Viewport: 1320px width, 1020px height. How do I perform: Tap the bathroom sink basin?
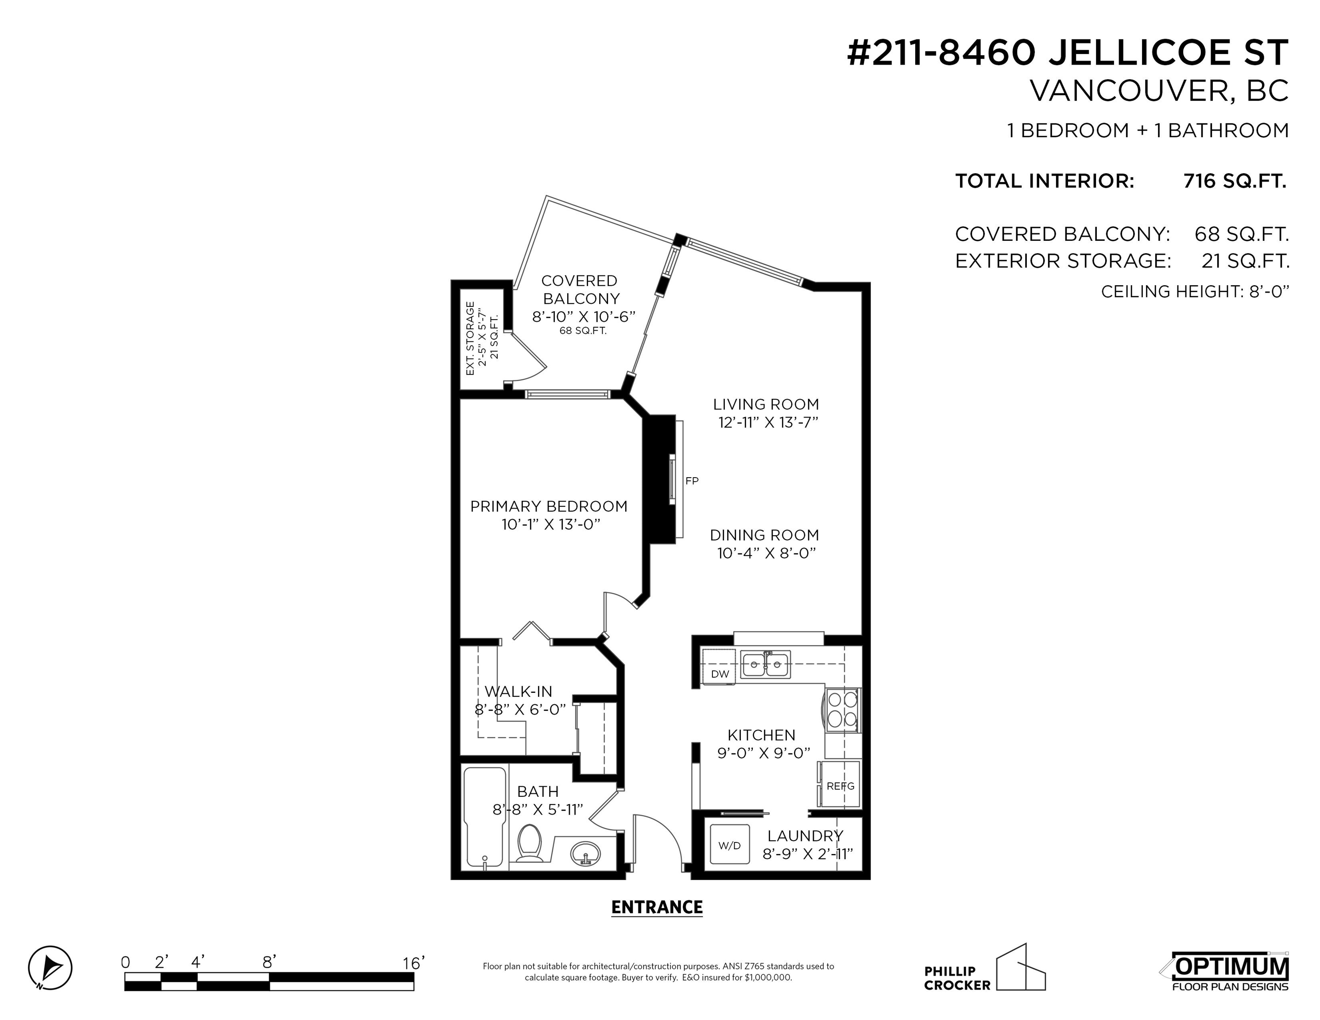coord(586,853)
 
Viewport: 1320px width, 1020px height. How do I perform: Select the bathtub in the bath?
coord(485,817)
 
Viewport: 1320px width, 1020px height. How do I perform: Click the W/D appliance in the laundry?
coord(729,845)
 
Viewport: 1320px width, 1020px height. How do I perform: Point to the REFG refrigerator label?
coord(841,786)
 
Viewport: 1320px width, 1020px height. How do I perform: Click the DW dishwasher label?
coord(720,674)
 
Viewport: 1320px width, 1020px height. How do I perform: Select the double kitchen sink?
coord(766,665)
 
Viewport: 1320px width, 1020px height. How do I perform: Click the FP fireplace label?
coord(692,481)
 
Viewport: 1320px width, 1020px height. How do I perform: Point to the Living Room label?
coord(766,404)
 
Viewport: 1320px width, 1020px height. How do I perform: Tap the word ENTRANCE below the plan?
coord(657,907)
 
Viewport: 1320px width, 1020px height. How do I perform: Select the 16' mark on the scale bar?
coord(414,962)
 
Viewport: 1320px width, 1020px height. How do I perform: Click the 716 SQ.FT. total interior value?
coord(1235,181)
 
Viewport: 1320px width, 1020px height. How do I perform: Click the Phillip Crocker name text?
coord(957,978)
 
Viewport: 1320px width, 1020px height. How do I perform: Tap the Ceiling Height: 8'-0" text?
coord(1195,292)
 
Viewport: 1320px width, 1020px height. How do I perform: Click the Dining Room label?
coord(765,535)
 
